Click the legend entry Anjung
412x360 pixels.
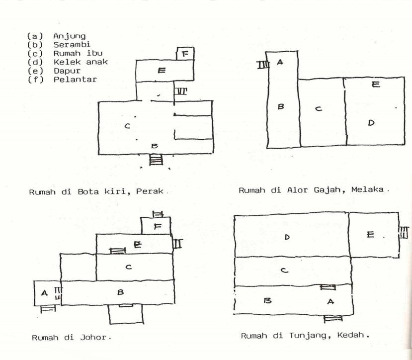click(x=69, y=36)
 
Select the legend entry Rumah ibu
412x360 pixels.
click(x=75, y=53)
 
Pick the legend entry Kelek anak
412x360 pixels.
click(x=80, y=62)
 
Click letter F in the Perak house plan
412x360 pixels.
click(x=185, y=53)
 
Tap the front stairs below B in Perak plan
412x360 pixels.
click(x=156, y=160)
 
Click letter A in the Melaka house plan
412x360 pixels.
click(x=280, y=62)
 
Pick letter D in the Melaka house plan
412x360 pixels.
click(x=371, y=122)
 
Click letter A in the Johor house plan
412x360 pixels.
click(x=44, y=293)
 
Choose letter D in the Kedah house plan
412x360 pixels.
click(x=287, y=237)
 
